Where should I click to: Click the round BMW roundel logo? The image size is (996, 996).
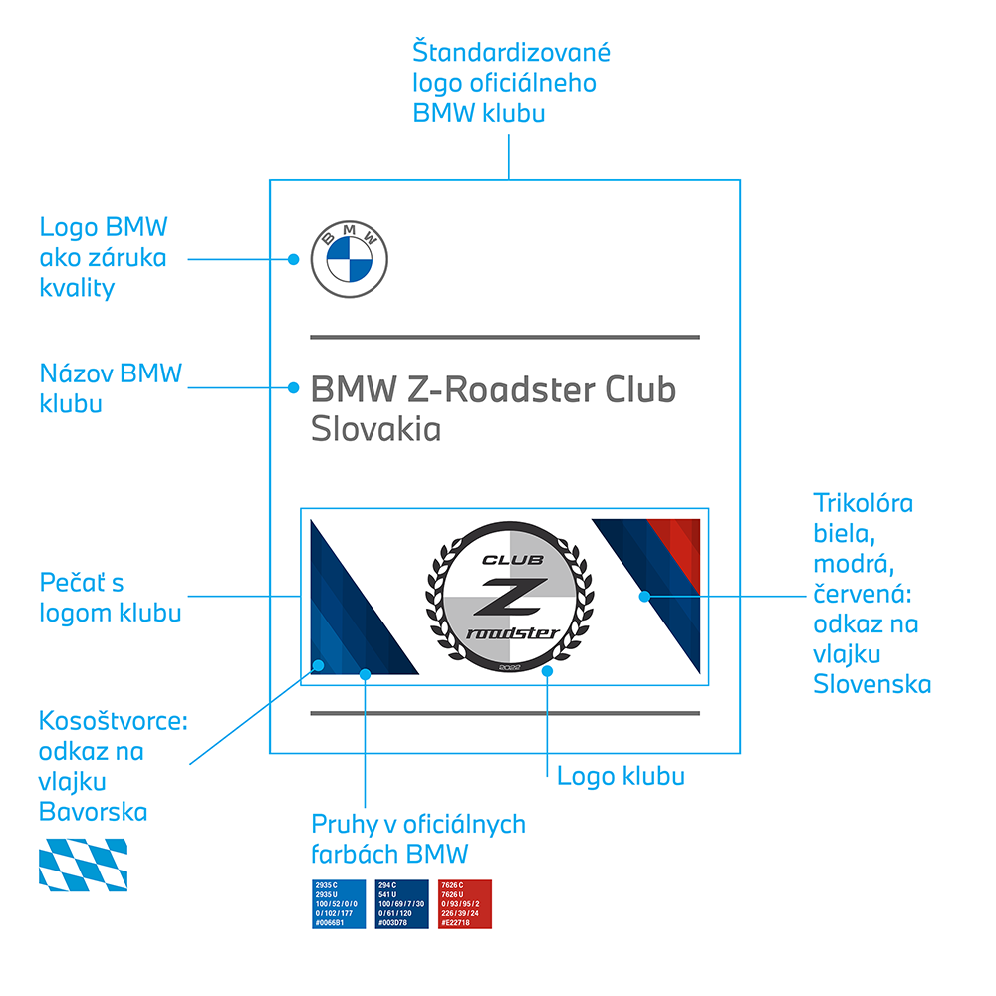point(350,259)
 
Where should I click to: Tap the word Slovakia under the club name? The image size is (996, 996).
point(375,430)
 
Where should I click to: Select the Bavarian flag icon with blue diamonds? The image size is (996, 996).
point(83,864)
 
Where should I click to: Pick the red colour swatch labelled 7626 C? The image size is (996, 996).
point(464,903)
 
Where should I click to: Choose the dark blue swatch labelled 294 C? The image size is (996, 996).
point(402,903)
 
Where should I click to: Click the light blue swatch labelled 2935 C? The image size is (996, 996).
point(339,903)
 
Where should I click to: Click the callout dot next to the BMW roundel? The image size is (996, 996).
point(294,259)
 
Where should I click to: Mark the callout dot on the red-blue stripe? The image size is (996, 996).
point(645,596)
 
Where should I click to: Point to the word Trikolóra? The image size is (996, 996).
point(863,502)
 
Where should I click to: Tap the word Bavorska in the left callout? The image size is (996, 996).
point(93,812)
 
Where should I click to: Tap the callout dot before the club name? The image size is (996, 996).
point(294,387)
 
